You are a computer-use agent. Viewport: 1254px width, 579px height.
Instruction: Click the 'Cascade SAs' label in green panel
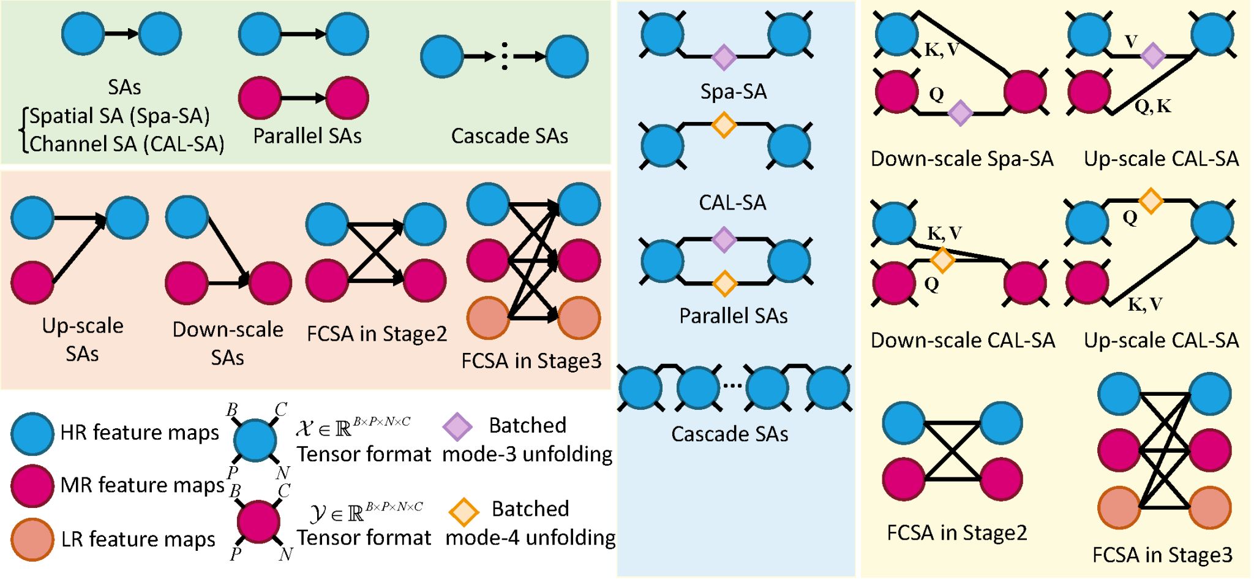tap(509, 135)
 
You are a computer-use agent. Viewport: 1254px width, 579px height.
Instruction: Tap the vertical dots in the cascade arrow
tap(505, 56)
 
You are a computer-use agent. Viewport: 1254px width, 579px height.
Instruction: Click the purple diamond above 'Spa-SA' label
tap(724, 57)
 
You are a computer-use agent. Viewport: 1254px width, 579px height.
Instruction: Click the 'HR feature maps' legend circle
tap(32, 433)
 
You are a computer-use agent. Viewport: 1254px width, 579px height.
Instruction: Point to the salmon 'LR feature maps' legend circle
tap(32, 539)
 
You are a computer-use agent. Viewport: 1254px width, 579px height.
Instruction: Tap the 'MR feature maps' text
tap(142, 485)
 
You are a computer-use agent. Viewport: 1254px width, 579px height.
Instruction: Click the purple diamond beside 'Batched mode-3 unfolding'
tap(457, 427)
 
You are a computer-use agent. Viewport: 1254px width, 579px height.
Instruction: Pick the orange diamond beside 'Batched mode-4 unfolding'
tap(464, 512)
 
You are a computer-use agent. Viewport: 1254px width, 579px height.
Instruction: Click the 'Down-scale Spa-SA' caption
tap(961, 159)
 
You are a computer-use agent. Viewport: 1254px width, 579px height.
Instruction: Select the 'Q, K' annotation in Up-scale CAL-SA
tap(1152, 107)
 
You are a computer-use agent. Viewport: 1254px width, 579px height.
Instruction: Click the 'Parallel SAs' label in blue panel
tap(733, 316)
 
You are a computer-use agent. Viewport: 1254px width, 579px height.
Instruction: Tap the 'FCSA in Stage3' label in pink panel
tap(531, 361)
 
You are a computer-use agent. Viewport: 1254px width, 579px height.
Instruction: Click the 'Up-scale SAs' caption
tap(83, 339)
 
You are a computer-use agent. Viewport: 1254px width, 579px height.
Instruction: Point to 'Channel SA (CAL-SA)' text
tap(127, 144)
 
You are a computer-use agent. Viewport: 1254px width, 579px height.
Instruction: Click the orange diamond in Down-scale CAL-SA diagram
tap(942, 260)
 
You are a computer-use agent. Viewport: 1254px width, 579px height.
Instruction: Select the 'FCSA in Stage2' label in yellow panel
tap(956, 532)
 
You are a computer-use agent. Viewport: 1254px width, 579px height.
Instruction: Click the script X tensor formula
tap(353, 427)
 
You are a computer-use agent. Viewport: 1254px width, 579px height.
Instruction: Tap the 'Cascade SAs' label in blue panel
tap(729, 434)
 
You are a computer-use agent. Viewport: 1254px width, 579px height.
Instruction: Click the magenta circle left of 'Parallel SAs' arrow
tap(260, 97)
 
